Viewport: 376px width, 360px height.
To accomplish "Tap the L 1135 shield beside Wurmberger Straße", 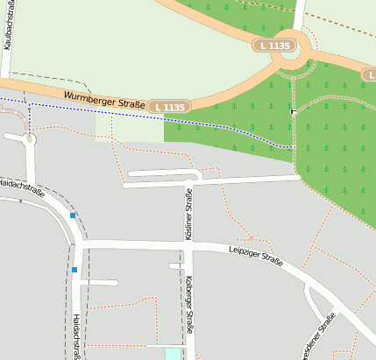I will (167, 107).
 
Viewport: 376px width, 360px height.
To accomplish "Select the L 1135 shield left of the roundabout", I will (273, 45).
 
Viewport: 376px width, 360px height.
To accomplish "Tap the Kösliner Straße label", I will (188, 215).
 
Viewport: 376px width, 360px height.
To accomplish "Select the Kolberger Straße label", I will (188, 304).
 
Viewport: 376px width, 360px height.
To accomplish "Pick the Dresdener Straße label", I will (318, 337).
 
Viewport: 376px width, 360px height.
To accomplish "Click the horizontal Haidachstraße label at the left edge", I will (22, 185).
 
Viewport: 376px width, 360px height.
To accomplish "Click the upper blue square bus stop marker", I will (72, 215).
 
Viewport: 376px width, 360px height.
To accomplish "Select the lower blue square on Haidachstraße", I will (75, 270).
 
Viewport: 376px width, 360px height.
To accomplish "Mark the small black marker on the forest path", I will (292, 111).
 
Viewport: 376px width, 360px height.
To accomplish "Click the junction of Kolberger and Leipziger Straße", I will (187, 246).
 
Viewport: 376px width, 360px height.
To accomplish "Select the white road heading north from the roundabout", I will (299, 18).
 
